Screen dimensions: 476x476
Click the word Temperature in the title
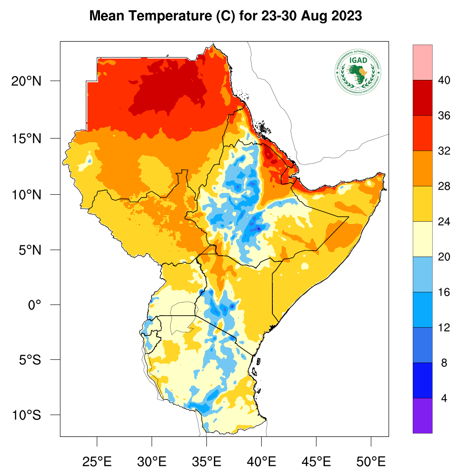click(163, 16)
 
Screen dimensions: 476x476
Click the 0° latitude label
click(35, 305)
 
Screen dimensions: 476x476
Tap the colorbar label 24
click(444, 222)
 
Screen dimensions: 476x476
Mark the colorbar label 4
click(444, 398)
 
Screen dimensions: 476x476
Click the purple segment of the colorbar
click(422, 416)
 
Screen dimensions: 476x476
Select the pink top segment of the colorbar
click(422, 62)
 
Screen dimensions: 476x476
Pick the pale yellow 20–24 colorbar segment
click(422, 239)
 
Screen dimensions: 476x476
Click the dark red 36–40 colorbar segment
click(422, 98)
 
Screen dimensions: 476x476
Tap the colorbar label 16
click(444, 292)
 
